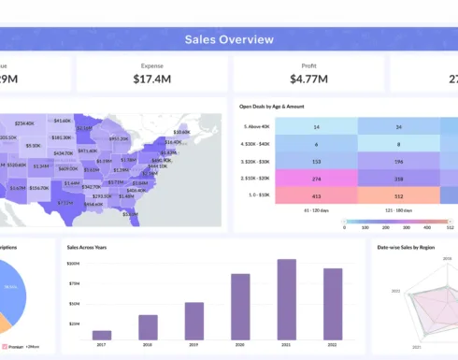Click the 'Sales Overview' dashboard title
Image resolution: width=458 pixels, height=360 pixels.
tap(229, 39)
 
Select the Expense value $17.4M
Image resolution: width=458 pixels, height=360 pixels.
tap(152, 79)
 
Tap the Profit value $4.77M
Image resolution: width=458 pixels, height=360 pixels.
tap(308, 79)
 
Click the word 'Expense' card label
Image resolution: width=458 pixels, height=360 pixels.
tap(152, 65)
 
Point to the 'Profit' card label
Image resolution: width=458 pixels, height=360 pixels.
tap(308, 65)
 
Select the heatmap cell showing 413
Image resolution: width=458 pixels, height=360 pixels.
tap(317, 196)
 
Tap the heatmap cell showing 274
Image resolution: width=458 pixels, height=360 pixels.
tap(317, 179)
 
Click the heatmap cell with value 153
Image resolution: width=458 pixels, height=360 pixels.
tap(317, 162)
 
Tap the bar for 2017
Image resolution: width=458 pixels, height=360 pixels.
tap(102, 334)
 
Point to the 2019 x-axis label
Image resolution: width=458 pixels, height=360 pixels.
tap(194, 344)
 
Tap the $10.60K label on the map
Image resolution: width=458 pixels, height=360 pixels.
tap(181, 132)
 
